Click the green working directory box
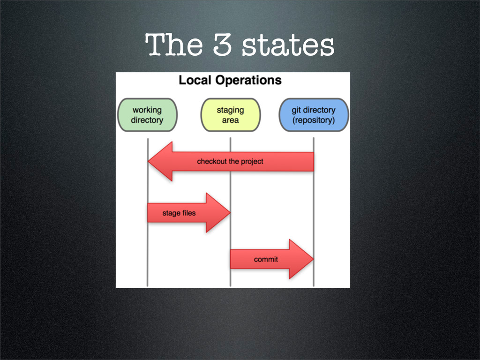pos(147,115)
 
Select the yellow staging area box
pos(230,115)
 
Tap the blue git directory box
pos(314,115)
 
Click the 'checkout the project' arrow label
pos(230,162)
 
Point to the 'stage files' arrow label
pos(179,213)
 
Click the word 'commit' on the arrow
pos(266,259)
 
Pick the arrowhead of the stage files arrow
pos(218,213)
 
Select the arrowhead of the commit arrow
pos(301,259)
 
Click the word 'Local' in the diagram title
pos(195,80)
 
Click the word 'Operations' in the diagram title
pos(248,80)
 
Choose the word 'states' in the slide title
pos(287,45)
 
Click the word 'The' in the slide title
pos(174,45)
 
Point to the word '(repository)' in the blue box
pos(314,120)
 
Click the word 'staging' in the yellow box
pos(230,110)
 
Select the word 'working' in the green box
pos(147,110)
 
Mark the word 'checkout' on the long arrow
pos(212,162)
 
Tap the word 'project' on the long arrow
pos(252,162)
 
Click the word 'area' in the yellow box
pos(230,120)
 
